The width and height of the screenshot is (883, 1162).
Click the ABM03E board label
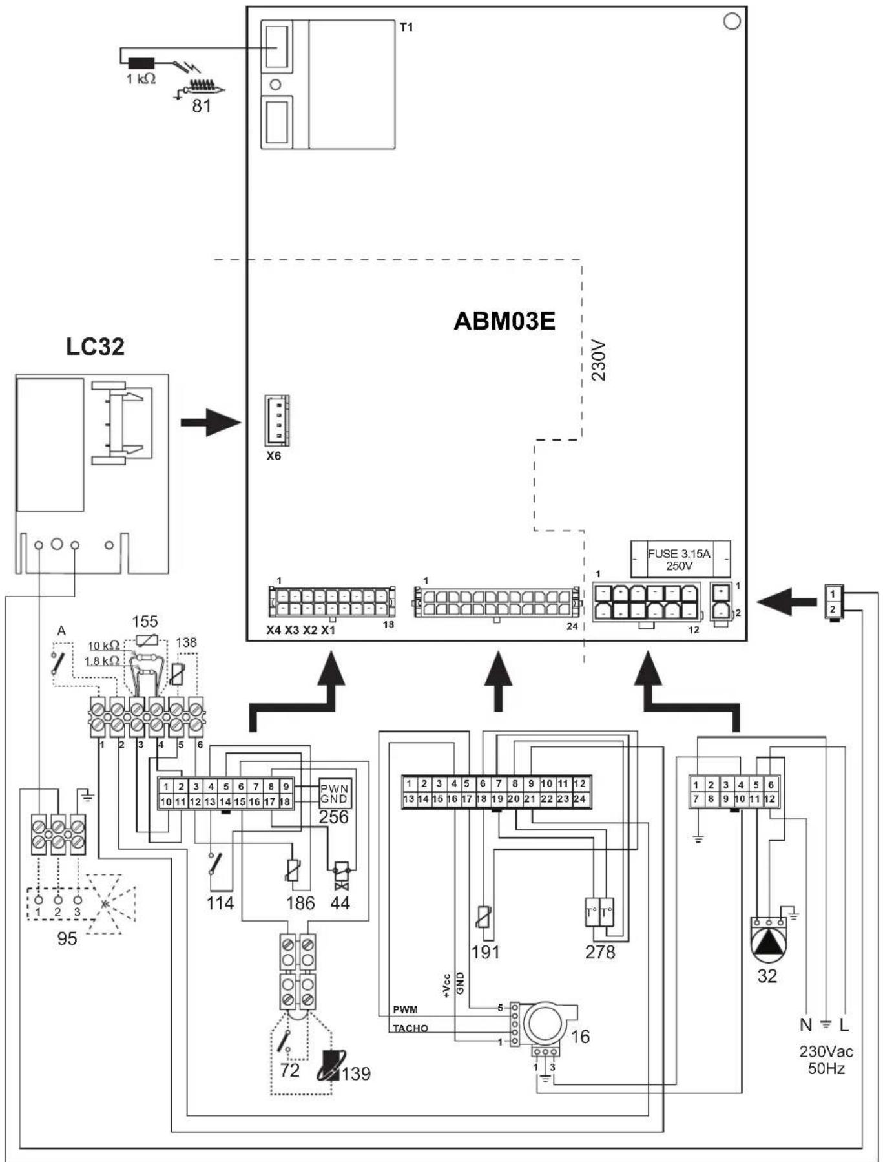pos(504,321)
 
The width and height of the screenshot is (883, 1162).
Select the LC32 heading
pos(95,346)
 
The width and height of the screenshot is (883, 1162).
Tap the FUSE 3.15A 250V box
pos(680,560)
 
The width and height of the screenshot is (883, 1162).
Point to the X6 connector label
pos(274,456)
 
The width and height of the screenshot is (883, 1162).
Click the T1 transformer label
pos(406,27)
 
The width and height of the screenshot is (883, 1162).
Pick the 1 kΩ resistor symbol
pos(141,63)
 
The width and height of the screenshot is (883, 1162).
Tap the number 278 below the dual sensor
pos(600,952)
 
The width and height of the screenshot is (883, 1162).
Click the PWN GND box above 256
pos(335,794)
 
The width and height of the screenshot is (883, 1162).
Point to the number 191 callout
pos(485,952)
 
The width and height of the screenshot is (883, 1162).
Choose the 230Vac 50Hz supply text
pos(826,1060)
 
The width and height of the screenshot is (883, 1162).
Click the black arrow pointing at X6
pos(211,423)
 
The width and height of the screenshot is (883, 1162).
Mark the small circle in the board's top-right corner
pos(732,21)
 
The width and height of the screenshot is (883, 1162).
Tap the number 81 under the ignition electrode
pos(202,105)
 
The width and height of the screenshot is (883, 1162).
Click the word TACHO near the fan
pos(410,1028)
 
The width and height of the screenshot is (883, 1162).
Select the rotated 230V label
pos(599,361)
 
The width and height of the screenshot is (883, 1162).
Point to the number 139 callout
pos(356,1073)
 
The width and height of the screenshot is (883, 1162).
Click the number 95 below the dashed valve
pos(67,938)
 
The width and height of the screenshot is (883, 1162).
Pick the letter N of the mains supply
pos(805,1024)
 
